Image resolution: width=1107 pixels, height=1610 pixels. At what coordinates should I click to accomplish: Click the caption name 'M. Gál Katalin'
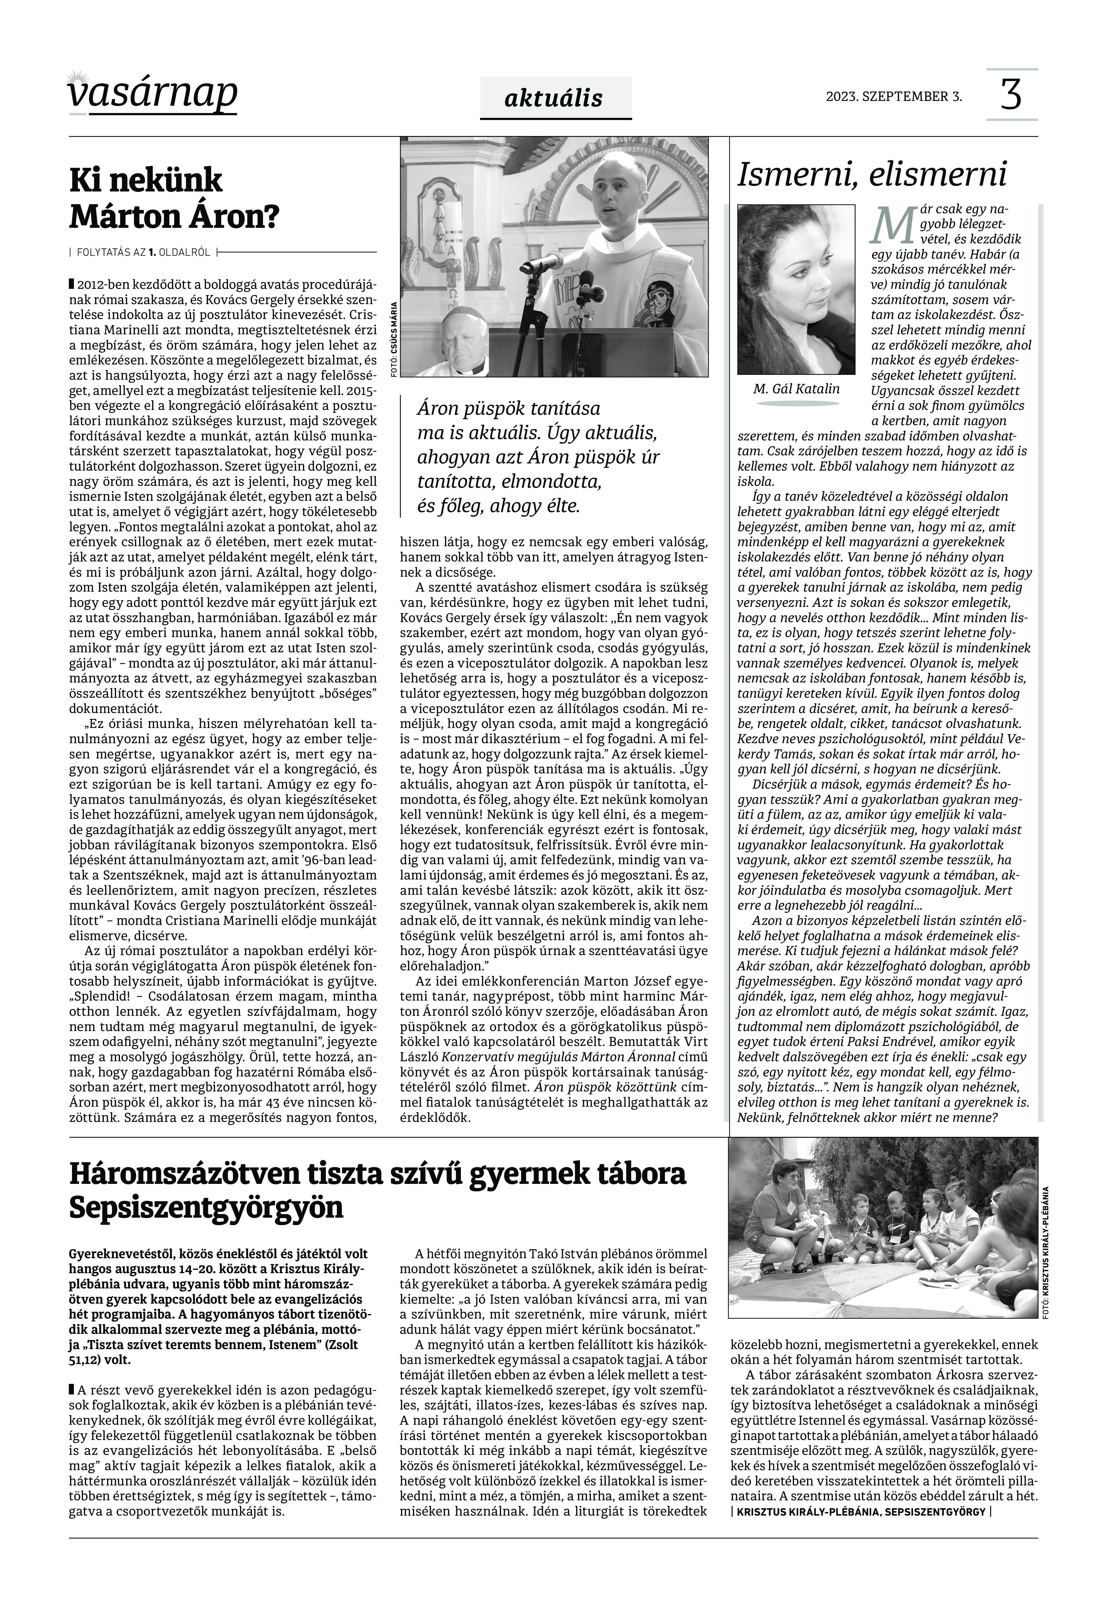pos(796,388)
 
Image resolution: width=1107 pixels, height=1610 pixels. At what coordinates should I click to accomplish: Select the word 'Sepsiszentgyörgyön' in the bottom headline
pos(207,1208)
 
